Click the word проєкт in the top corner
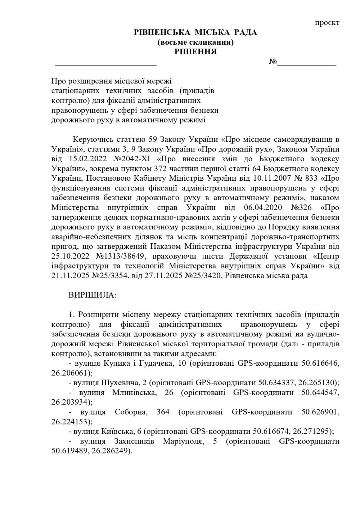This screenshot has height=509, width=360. pyautogui.click(x=327, y=23)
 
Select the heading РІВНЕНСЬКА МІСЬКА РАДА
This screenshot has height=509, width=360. pyautogui.click(x=195, y=33)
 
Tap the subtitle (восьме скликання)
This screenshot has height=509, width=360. pyautogui.click(x=195, y=42)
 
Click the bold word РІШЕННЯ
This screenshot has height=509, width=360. pyautogui.click(x=195, y=52)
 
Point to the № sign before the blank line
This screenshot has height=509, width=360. pyautogui.click(x=273, y=62)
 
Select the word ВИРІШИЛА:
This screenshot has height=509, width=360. pyautogui.click(x=93, y=295)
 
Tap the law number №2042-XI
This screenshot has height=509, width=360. pyautogui.click(x=130, y=159)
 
